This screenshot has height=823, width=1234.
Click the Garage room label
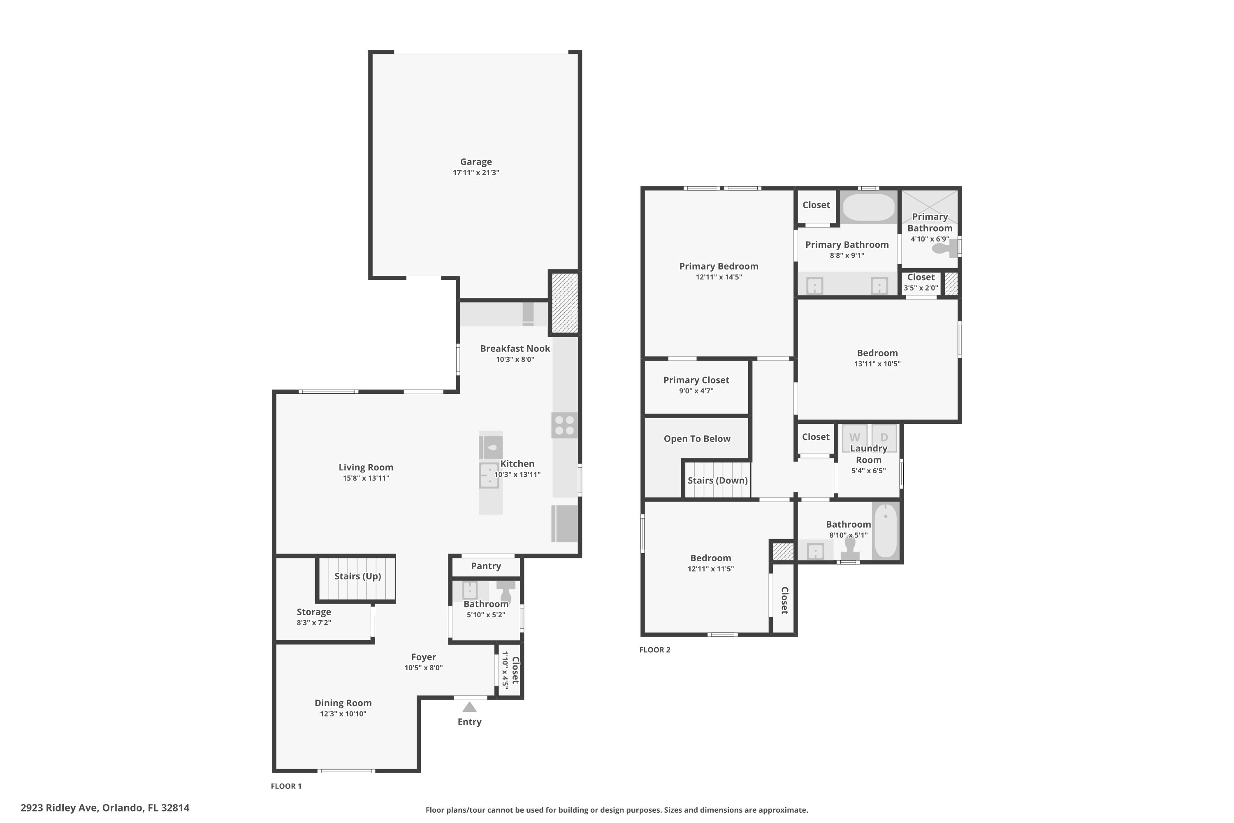pos(476,162)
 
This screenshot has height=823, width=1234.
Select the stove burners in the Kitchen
pos(564,425)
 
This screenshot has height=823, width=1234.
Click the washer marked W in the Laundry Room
pos(854,437)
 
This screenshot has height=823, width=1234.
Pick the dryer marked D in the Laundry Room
pos(884,437)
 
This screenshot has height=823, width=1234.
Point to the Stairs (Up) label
pos(358,577)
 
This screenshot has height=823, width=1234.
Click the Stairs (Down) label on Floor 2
pos(718,481)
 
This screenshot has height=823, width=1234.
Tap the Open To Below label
pos(697,439)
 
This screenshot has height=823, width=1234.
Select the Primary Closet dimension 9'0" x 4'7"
pos(696,391)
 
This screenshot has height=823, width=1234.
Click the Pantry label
pos(486,566)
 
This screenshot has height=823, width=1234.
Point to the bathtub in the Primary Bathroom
pos(868,207)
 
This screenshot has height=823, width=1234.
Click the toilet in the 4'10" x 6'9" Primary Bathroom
pos(944,248)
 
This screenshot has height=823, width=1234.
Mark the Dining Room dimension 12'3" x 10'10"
pos(343,714)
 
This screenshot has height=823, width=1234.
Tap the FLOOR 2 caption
pos(655,650)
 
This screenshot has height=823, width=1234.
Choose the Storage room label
pos(314,612)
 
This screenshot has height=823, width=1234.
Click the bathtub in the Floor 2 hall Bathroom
pos(886,531)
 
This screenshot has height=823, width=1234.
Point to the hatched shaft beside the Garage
pos(564,302)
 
